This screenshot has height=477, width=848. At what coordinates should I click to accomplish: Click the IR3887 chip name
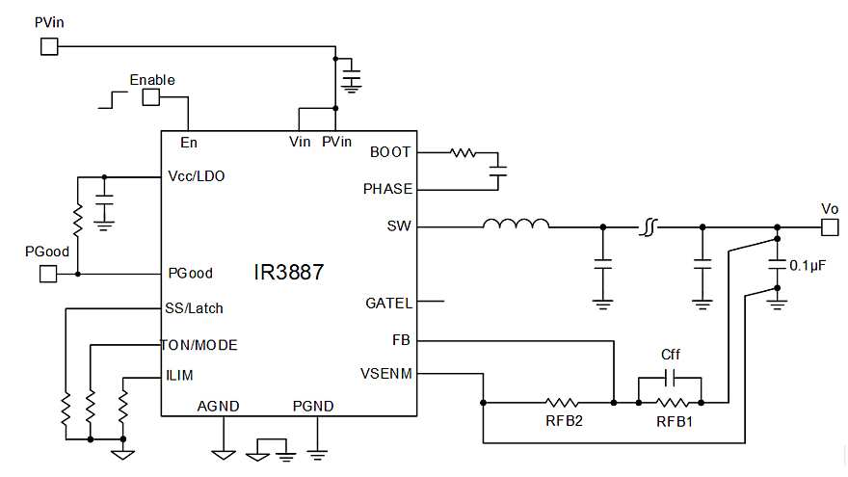pos(289,273)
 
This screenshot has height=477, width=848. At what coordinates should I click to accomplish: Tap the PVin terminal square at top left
pos(48,44)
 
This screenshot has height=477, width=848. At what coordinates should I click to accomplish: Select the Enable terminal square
pos(151,97)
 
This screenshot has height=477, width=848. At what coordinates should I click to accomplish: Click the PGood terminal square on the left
pos(48,274)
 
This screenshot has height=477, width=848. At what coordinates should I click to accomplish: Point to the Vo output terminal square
pos(829,227)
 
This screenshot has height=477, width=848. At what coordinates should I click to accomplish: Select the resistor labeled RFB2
pos(561,401)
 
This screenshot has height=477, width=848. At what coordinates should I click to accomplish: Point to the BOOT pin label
pos(390,152)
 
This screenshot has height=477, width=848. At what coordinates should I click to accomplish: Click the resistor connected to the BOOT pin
pos(464,152)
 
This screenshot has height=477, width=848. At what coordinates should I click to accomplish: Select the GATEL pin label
pos(389,303)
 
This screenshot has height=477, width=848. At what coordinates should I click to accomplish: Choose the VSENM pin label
pos(386,374)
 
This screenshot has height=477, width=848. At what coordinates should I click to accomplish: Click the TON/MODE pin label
pos(200,344)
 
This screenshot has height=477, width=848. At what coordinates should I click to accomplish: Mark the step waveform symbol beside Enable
pos(112,98)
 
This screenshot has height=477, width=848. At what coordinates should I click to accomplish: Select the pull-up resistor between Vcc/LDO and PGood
pos(77,224)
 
